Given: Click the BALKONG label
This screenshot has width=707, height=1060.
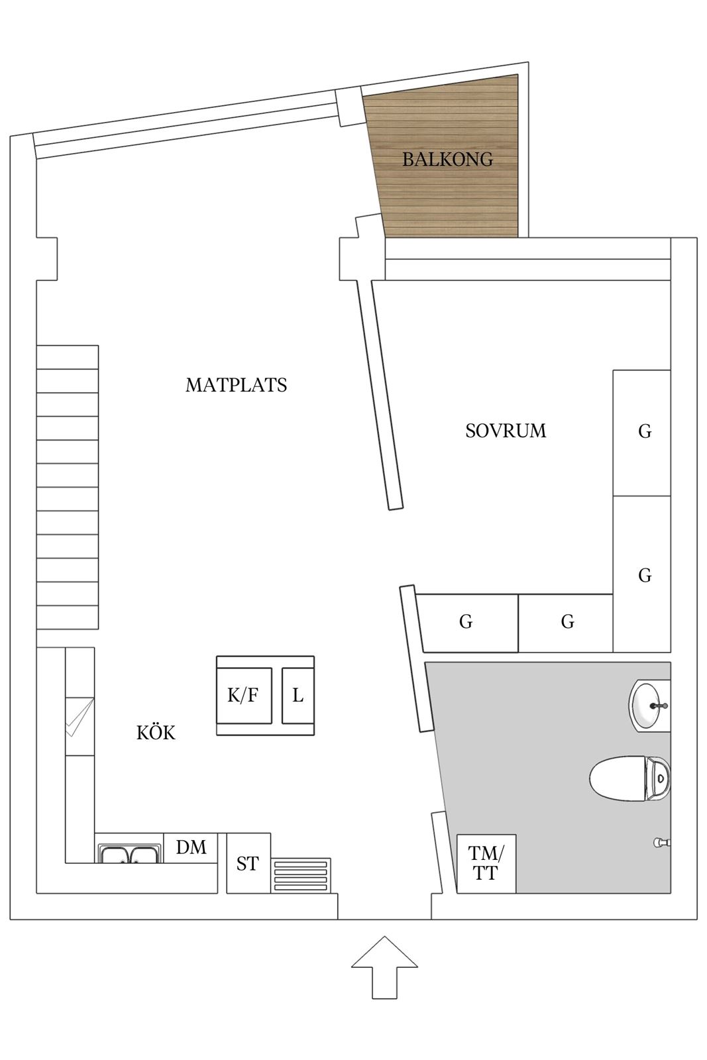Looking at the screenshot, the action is coord(447,160).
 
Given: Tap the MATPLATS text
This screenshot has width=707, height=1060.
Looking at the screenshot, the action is coord(236,385).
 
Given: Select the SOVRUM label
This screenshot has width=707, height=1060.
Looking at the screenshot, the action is coord(506,431).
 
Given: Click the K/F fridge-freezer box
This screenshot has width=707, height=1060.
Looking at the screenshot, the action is coord(245,695).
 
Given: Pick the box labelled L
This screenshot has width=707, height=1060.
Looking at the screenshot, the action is coord(298,695).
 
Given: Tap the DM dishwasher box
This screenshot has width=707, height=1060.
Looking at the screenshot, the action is coord(191,847).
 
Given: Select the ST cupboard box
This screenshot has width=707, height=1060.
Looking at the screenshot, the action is coord(248,863).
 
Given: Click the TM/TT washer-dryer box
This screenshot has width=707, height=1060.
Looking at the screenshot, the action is coord(486,864).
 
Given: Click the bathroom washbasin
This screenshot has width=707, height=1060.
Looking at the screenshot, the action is coord(649,706).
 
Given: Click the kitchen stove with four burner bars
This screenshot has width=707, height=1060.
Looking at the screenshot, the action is coord(301,875).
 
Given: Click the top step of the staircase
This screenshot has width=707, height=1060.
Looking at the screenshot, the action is coord(68,357).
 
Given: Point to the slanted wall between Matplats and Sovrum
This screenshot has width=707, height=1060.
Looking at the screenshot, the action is coord(380,395).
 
